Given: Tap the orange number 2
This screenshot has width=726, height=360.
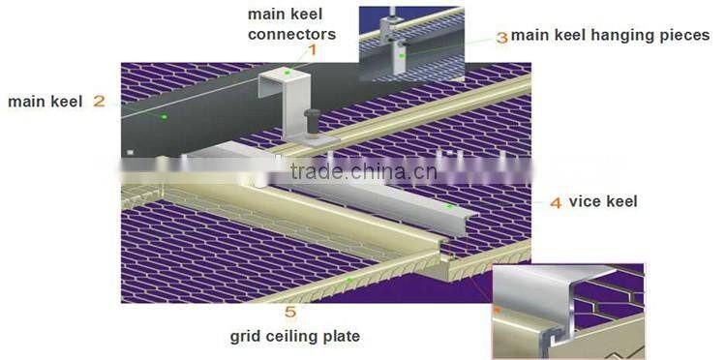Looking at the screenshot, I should [x=99, y=100].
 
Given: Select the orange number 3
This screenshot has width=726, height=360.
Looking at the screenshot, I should [x=501, y=37].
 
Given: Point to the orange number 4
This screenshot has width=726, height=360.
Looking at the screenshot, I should [x=556, y=203].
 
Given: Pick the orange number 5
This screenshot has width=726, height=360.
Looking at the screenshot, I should [x=290, y=312].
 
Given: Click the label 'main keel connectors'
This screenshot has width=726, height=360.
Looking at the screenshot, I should [x=291, y=24].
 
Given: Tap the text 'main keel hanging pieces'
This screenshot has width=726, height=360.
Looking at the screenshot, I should [x=610, y=36].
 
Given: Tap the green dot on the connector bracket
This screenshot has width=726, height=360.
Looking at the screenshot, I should [x=287, y=72].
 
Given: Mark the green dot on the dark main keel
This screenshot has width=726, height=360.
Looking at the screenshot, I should [x=165, y=117].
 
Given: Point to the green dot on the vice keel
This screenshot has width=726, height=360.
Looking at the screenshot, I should [x=449, y=206].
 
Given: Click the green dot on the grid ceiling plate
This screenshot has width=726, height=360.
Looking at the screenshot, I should [x=349, y=281].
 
